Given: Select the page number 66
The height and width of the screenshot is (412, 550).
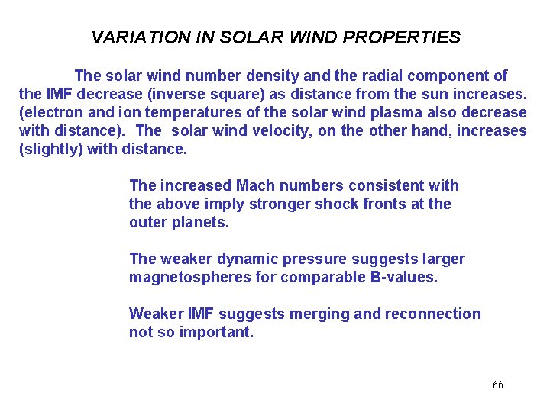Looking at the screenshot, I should (498, 385).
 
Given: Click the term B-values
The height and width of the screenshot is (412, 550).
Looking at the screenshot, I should (403, 277).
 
